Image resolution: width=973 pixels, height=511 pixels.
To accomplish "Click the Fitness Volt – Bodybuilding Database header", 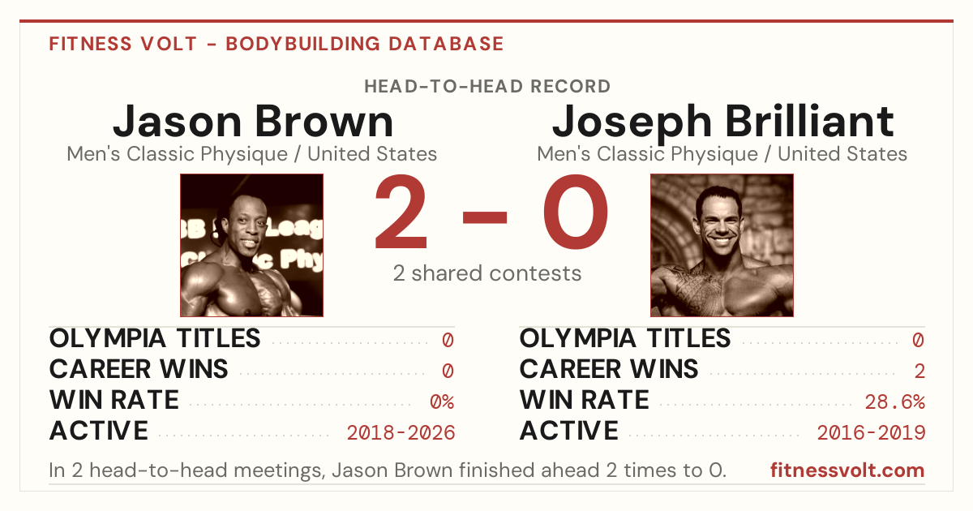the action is [276, 44].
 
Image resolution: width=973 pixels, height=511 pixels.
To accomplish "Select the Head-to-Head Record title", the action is [487, 87].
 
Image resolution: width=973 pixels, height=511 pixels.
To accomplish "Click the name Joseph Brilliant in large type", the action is [722, 123].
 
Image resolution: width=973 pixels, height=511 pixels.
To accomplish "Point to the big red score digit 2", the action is [401, 212].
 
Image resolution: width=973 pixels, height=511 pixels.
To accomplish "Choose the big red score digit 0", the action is [576, 212].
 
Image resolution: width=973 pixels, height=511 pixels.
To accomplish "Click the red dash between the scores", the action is [485, 217].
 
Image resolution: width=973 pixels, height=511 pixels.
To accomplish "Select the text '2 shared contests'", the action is [487, 273].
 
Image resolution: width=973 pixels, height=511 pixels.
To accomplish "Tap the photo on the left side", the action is [252, 246].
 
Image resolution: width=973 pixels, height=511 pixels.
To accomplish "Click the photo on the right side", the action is [722, 246].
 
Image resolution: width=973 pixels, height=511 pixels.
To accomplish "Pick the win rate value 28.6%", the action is [895, 402].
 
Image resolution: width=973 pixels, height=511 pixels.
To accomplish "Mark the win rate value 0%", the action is [442, 402].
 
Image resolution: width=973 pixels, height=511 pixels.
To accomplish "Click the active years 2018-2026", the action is [401, 433].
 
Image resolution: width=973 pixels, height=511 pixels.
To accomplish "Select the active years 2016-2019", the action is [871, 433].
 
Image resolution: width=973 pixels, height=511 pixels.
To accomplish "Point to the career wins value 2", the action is [919, 371].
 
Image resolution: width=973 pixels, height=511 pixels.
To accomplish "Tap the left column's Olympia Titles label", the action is [155, 338].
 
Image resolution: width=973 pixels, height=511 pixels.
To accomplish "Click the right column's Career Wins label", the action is [609, 369].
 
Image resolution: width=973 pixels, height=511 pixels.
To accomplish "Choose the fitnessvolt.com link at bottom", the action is [847, 470].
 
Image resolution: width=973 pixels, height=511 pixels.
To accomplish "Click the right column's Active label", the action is [568, 431].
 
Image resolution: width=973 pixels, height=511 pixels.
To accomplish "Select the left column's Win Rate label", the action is [114, 400].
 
